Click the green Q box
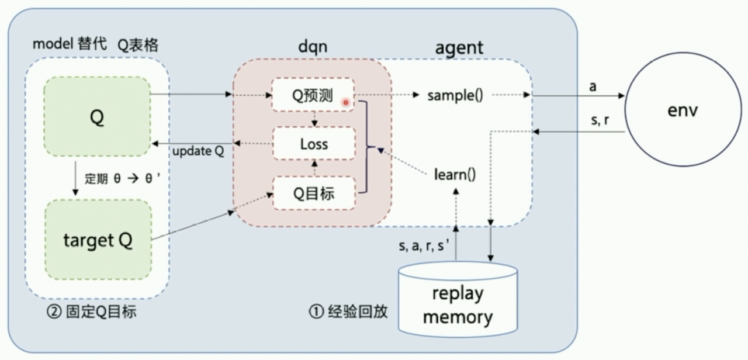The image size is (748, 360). click(x=97, y=117)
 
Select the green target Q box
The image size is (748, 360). click(x=98, y=240)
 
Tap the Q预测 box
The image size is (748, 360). click(x=313, y=95)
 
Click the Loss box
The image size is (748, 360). click(x=314, y=144)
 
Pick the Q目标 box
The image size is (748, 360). click(x=314, y=193)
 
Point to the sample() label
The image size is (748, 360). click(x=455, y=95)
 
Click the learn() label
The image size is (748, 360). click(x=455, y=174)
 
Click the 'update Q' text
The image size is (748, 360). click(x=198, y=151)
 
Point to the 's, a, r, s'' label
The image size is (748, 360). click(x=424, y=246)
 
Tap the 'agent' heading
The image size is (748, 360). click(x=459, y=47)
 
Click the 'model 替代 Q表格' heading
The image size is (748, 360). click(x=95, y=44)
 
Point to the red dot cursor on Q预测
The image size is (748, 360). click(x=345, y=102)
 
